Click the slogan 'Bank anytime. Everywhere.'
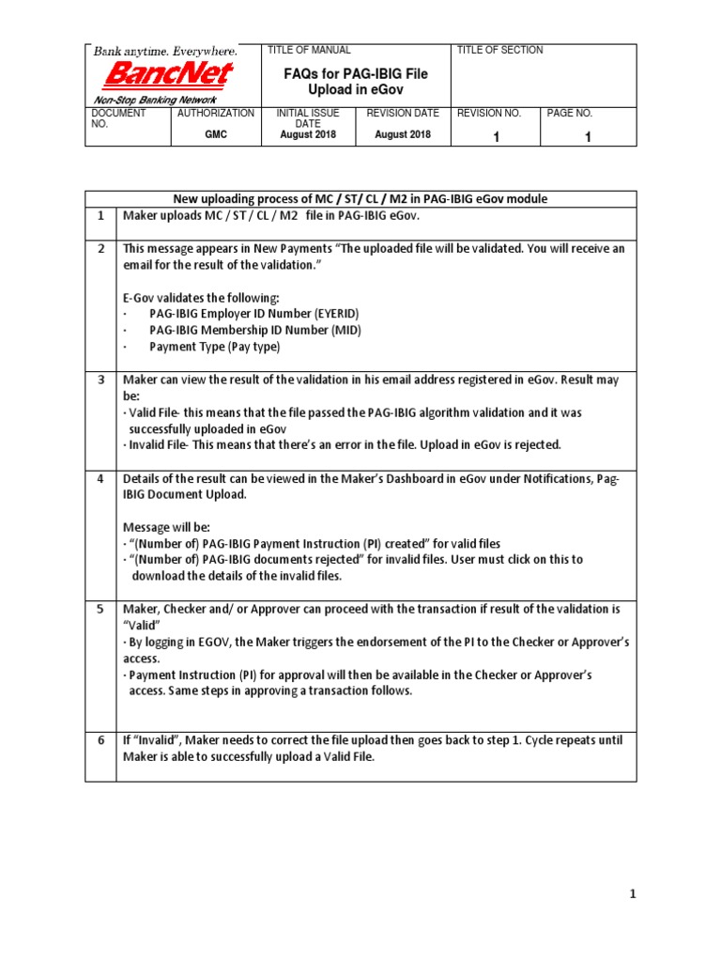coord(164,51)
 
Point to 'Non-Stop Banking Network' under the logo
coord(154,100)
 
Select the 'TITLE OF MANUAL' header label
coord(310,50)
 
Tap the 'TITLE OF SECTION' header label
coord(499,50)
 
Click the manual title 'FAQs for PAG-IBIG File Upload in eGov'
coord(355,79)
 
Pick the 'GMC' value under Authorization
coord(216,134)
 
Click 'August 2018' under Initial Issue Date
coord(308,134)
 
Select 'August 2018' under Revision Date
coord(402,134)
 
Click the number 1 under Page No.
coord(588,137)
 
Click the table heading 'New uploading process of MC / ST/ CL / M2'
coord(360,198)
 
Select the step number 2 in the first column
coord(100,249)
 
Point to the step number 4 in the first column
coord(100,479)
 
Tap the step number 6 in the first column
coord(100,740)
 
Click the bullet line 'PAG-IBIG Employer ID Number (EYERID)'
coord(253,313)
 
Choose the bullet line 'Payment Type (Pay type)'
coord(214,347)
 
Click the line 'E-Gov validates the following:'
coord(202,297)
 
